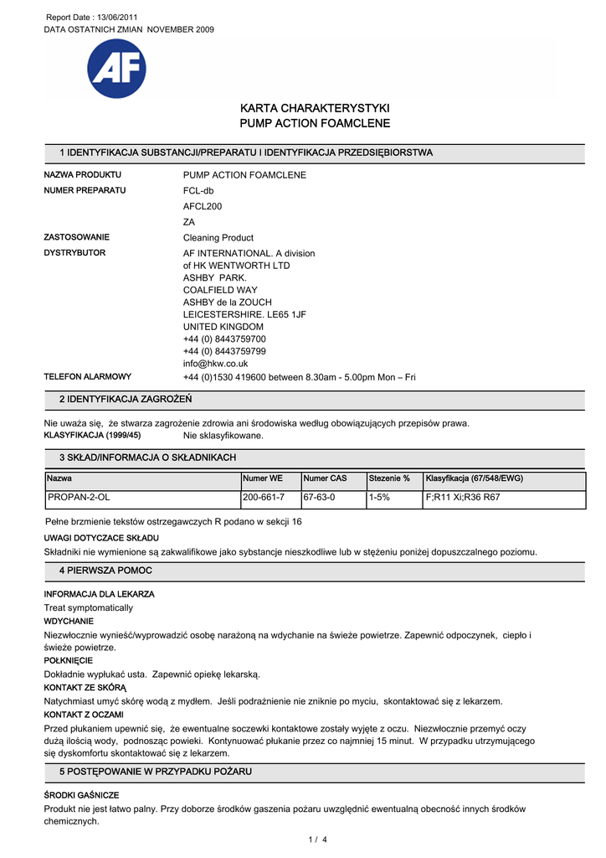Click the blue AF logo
116,69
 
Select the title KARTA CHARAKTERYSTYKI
315,108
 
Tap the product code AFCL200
203,206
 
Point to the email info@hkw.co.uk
215,364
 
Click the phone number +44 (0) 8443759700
224,339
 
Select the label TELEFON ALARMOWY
87,377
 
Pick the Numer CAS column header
325,478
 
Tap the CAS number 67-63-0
319,498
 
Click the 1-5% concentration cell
382,498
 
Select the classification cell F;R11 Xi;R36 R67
463,498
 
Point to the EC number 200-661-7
264,498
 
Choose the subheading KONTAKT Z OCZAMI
84,715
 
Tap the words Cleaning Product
218,238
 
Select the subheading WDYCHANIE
69,622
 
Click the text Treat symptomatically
88,607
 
